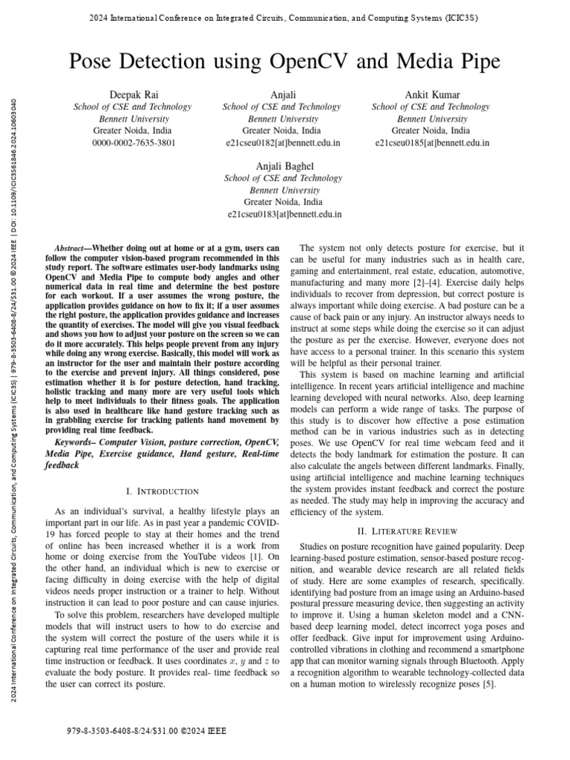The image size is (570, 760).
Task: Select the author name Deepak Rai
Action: pyautogui.click(x=134, y=95)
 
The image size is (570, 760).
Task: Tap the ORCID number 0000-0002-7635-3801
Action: pyautogui.click(x=134, y=142)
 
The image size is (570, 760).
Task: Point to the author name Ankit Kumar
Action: pyautogui.click(x=432, y=95)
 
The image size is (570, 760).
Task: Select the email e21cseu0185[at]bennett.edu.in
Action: pyautogui.click(x=432, y=142)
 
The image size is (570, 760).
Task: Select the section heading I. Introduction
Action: pyautogui.click(x=163, y=491)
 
